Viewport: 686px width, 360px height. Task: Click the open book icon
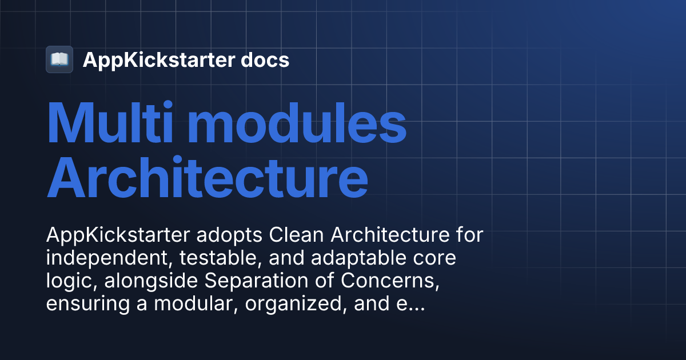point(59,59)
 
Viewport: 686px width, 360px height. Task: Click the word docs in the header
point(265,59)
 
